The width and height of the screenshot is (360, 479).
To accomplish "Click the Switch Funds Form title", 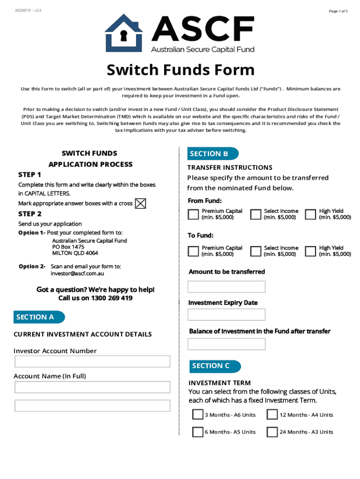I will pos(180,70).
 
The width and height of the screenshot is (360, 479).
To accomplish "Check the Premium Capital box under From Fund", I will pos(193,214).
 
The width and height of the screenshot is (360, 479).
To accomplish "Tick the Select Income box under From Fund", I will pos(255,214).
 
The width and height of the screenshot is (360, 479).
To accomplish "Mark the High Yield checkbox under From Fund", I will pos(310,214).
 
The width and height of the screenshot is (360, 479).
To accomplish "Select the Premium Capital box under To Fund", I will pos(193,251).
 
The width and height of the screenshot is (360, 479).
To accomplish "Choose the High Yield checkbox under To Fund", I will pos(310,251).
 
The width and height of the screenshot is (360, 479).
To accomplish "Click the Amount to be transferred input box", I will pos(226,287).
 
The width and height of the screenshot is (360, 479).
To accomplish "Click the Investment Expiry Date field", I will pos(226,315).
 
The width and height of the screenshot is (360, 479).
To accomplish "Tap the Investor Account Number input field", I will pos(92,362).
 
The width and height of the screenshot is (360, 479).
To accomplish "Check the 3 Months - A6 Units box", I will pos(198,415).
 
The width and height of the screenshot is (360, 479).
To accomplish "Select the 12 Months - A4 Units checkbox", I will pos(272,415).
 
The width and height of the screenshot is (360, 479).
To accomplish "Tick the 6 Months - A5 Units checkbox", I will pos(198,432).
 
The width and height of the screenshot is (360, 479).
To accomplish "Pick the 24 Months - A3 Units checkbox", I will pos(272,432).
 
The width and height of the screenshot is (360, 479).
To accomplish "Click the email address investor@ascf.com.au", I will pos(77,274).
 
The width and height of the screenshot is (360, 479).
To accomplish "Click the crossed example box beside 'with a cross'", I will pos(140,203).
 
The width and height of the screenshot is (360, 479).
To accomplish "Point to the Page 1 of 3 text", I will pos(338,11).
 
